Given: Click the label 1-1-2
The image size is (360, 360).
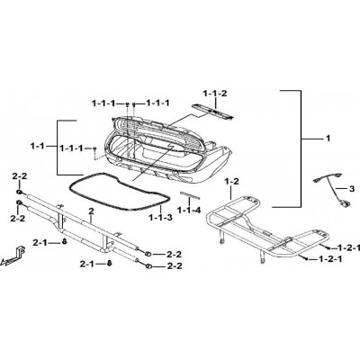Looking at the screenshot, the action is click(x=215, y=94).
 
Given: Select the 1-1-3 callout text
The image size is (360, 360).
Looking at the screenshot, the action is click(x=161, y=218).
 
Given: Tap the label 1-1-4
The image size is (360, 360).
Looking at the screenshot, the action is click(x=188, y=211).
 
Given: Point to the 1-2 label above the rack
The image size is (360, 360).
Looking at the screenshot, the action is click(x=231, y=182).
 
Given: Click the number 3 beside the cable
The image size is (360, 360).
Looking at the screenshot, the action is click(x=352, y=189).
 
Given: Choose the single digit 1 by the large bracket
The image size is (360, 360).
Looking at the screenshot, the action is click(x=328, y=139).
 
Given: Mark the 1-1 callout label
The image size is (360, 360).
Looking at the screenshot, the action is click(x=37, y=146).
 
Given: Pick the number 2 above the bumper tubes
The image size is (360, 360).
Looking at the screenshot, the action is click(x=91, y=211).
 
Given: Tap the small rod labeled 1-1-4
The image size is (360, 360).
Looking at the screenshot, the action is click(x=190, y=195).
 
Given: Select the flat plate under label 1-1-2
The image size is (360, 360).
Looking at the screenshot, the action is click(x=213, y=112).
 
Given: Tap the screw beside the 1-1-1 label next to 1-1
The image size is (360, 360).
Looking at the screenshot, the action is click(x=94, y=149).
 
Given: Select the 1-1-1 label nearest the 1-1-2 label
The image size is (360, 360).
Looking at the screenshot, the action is click(x=157, y=103).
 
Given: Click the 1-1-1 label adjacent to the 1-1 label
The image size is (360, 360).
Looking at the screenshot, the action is click(x=72, y=148).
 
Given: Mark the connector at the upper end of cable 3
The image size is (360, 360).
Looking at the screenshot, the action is click(x=318, y=180).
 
